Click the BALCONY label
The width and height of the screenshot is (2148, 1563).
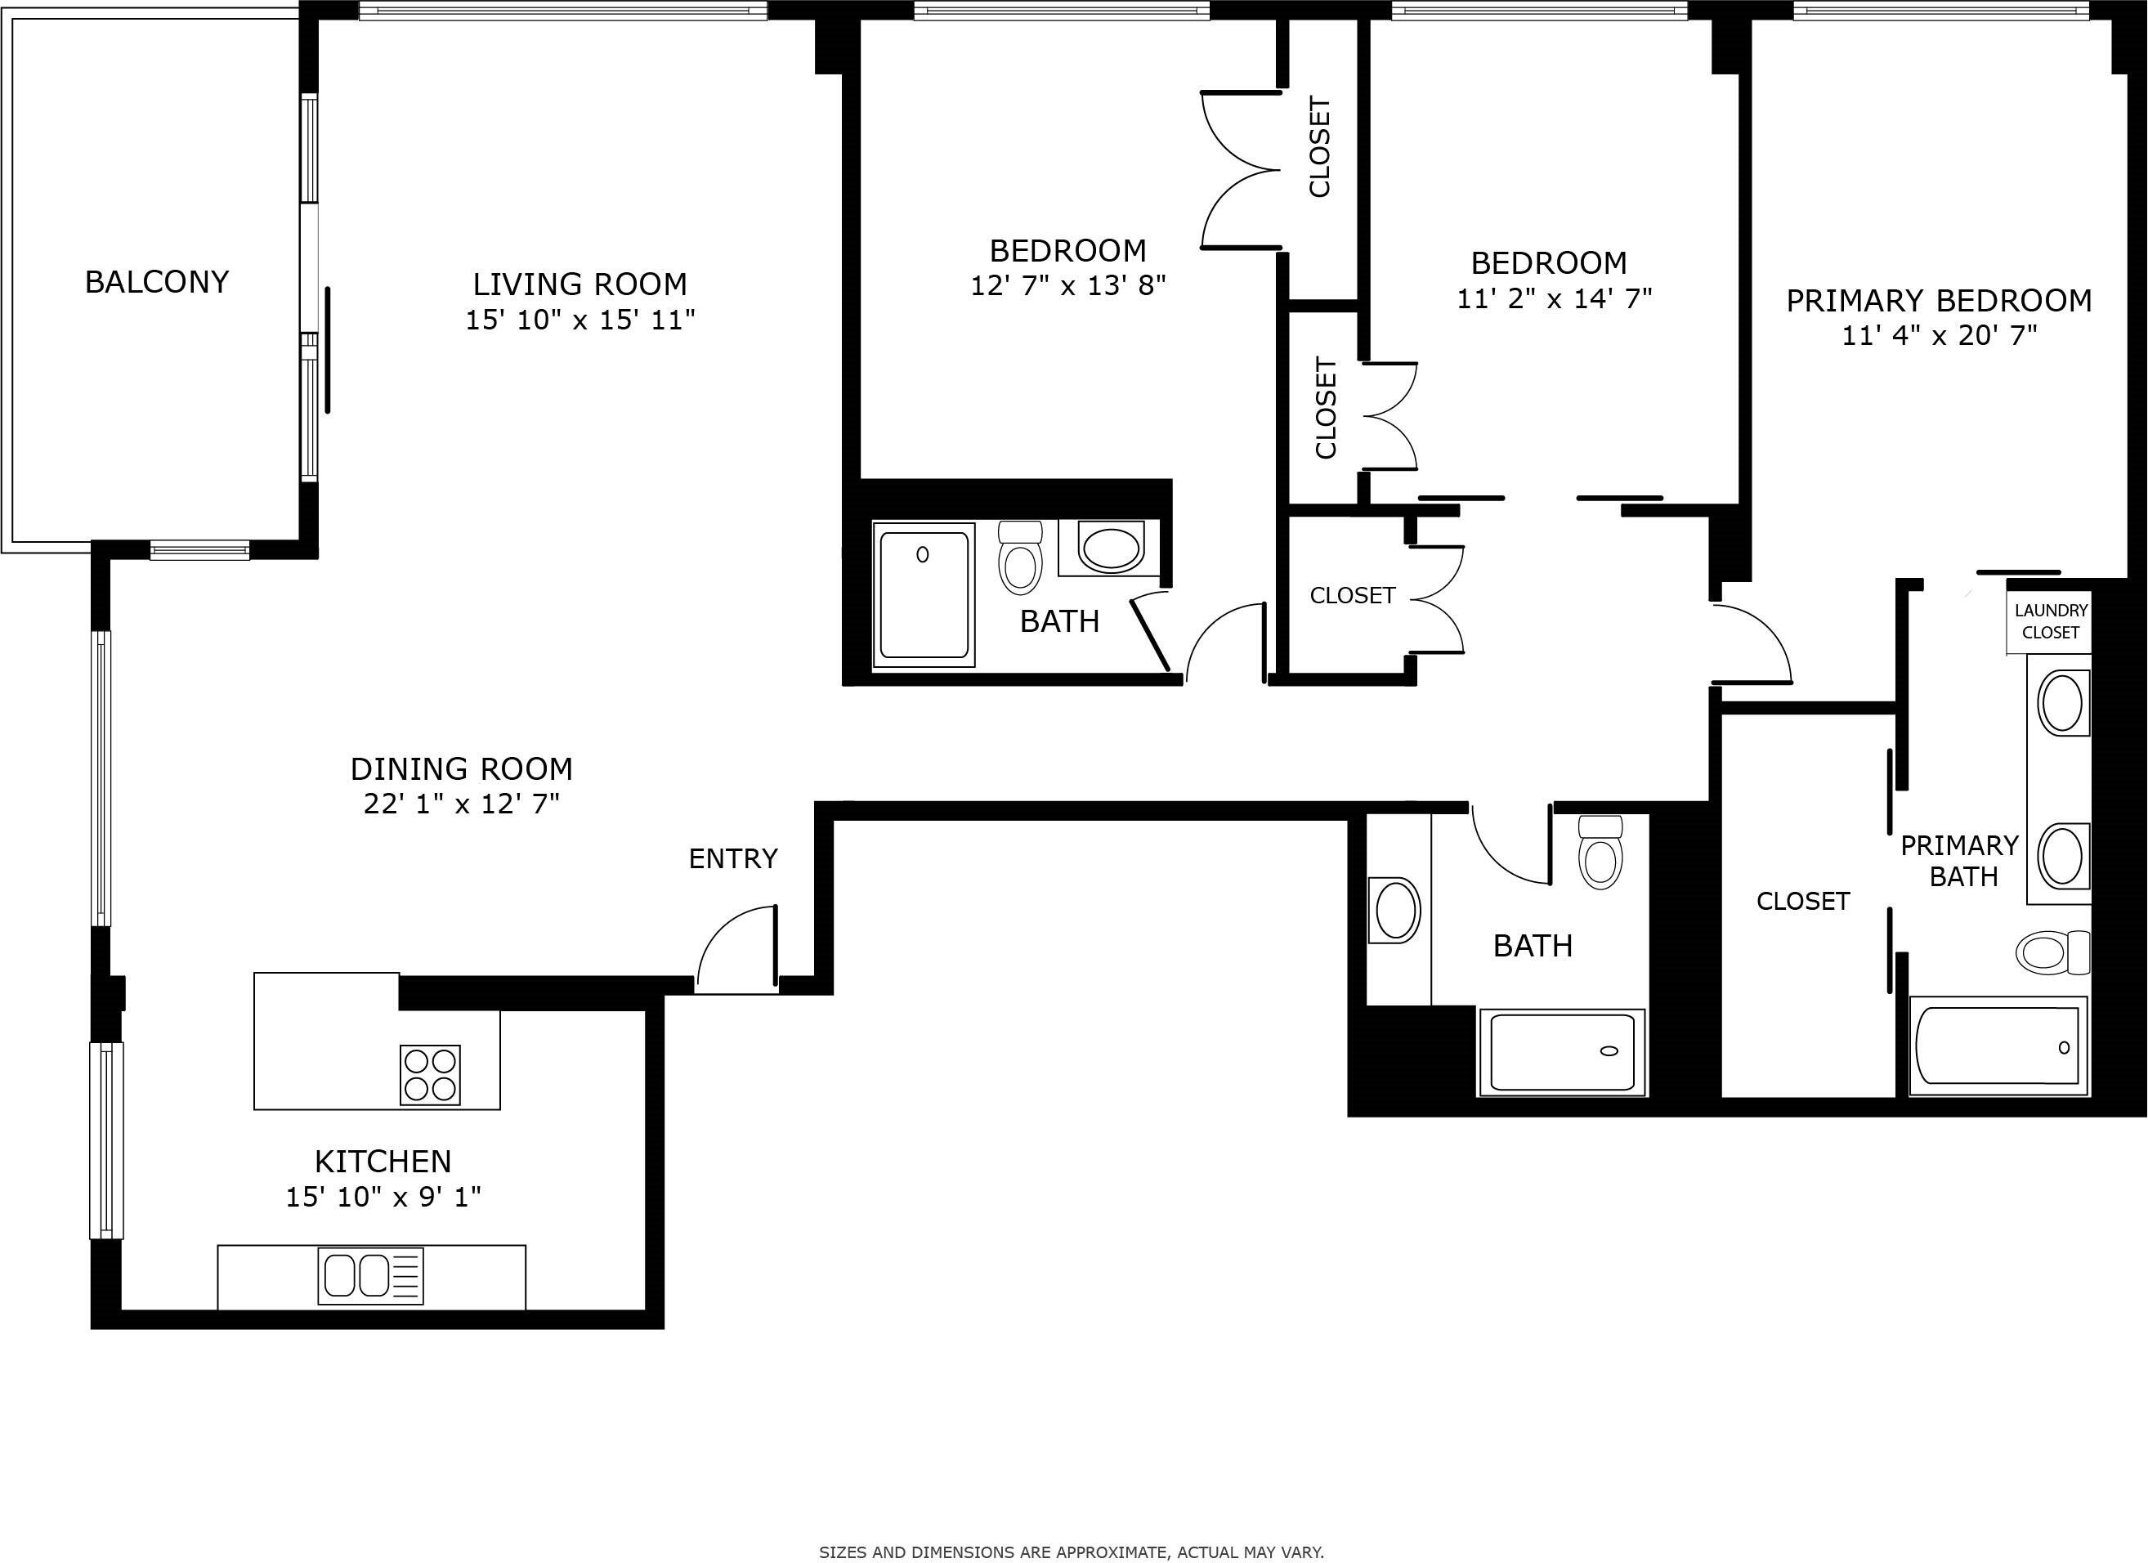pos(156,282)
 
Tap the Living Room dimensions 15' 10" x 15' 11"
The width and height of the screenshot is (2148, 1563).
pos(580,320)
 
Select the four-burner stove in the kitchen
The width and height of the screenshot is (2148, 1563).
pos(431,1075)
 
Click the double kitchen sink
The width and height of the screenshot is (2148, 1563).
pos(370,1276)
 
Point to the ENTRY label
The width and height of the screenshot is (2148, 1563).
pos(732,859)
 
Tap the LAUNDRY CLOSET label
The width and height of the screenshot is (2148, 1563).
pos(2051,621)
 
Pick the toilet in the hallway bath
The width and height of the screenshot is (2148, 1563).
pos(1600,853)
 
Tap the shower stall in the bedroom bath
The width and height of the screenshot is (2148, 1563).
pos(924,594)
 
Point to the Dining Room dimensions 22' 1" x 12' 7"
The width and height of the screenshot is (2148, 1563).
pos(461,804)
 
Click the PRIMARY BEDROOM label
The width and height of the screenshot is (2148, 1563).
pos(1938,301)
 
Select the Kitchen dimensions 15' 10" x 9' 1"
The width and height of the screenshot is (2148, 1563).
pos(383,1198)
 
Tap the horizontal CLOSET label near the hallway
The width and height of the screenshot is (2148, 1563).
pos(1352,596)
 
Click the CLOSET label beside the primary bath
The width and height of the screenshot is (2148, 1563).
pos(1802,901)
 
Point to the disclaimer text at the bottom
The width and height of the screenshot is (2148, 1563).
pos(1072,1552)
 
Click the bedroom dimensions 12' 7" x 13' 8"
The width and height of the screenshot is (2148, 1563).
pos(1067,286)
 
